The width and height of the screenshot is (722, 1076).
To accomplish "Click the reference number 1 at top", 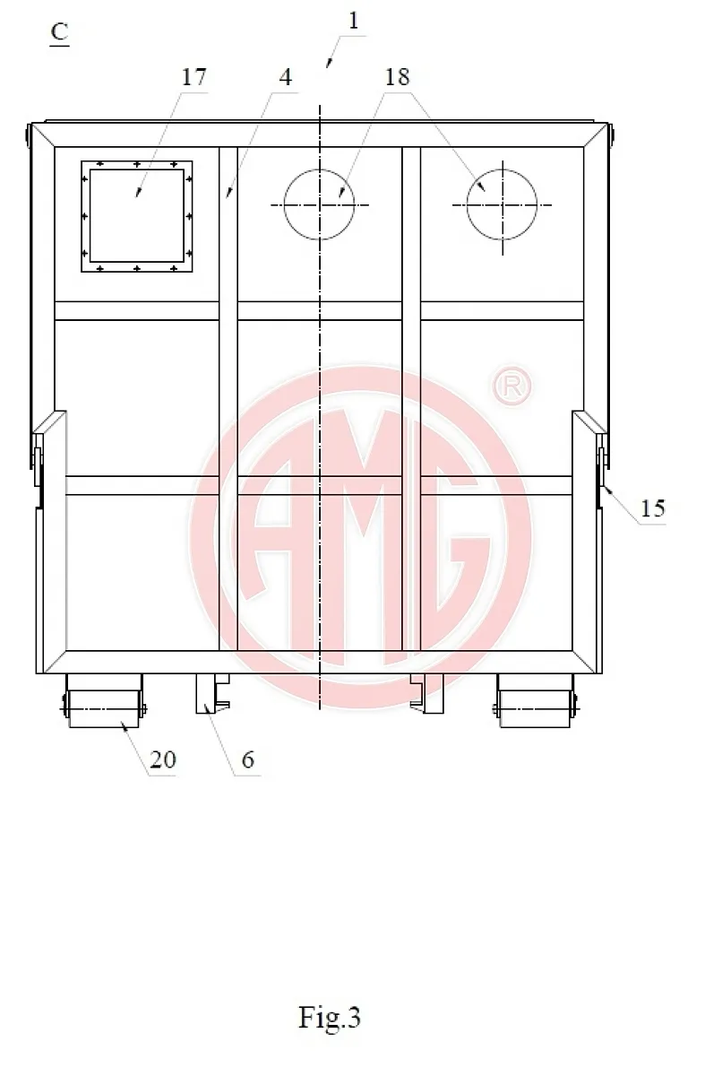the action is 353,22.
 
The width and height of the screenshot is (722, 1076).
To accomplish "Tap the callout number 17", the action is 193,77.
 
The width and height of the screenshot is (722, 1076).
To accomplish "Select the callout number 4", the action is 286,77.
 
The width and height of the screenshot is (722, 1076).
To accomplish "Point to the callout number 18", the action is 397,77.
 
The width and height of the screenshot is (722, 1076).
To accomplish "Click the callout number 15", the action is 653,508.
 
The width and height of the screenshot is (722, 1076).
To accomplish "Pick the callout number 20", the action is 163,759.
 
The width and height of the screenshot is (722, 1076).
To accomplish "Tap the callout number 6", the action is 247,759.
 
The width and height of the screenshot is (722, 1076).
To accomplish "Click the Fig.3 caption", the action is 329,1018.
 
